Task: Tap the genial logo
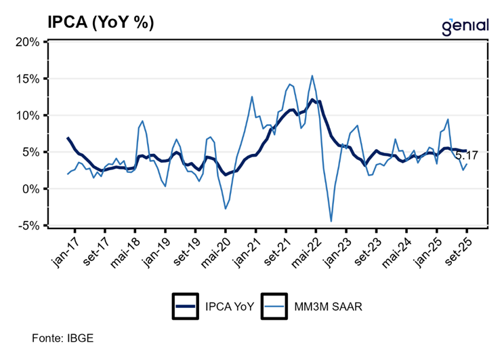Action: click(465, 25)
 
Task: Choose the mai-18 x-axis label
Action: click(128, 249)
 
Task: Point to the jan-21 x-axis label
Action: click(249, 249)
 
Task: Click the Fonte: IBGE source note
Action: click(63, 337)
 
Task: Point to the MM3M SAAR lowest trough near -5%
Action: click(331, 221)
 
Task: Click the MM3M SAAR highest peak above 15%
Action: click(312, 75)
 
